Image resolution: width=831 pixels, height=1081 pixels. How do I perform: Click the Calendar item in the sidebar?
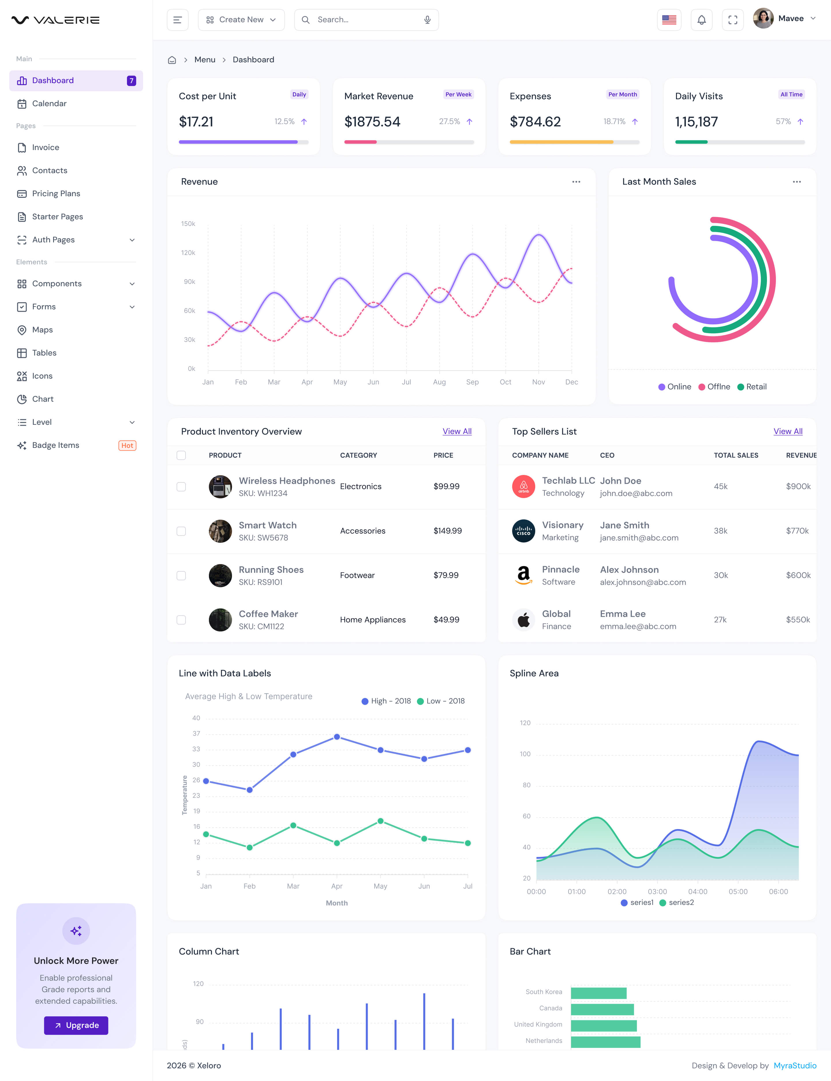(49, 103)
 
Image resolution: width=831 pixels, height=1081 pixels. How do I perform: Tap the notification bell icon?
(701, 20)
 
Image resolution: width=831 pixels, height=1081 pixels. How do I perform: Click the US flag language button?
(669, 20)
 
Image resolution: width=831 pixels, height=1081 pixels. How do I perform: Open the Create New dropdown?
(241, 20)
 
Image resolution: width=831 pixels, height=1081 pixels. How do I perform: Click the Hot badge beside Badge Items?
(127, 445)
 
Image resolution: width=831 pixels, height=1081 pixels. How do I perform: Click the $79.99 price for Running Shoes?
(446, 575)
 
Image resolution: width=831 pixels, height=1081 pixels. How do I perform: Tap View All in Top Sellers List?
(787, 431)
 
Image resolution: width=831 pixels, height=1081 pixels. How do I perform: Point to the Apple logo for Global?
(523, 619)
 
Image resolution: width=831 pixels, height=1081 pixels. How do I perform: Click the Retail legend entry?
(752, 387)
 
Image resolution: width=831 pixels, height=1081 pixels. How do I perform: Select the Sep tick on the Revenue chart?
(472, 382)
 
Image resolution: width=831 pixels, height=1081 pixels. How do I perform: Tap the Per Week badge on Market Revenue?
(458, 94)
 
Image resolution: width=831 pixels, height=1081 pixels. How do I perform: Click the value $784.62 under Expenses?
(535, 122)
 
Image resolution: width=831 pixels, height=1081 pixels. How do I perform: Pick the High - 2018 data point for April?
(337, 737)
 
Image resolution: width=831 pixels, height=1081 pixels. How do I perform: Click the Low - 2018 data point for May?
(380, 821)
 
